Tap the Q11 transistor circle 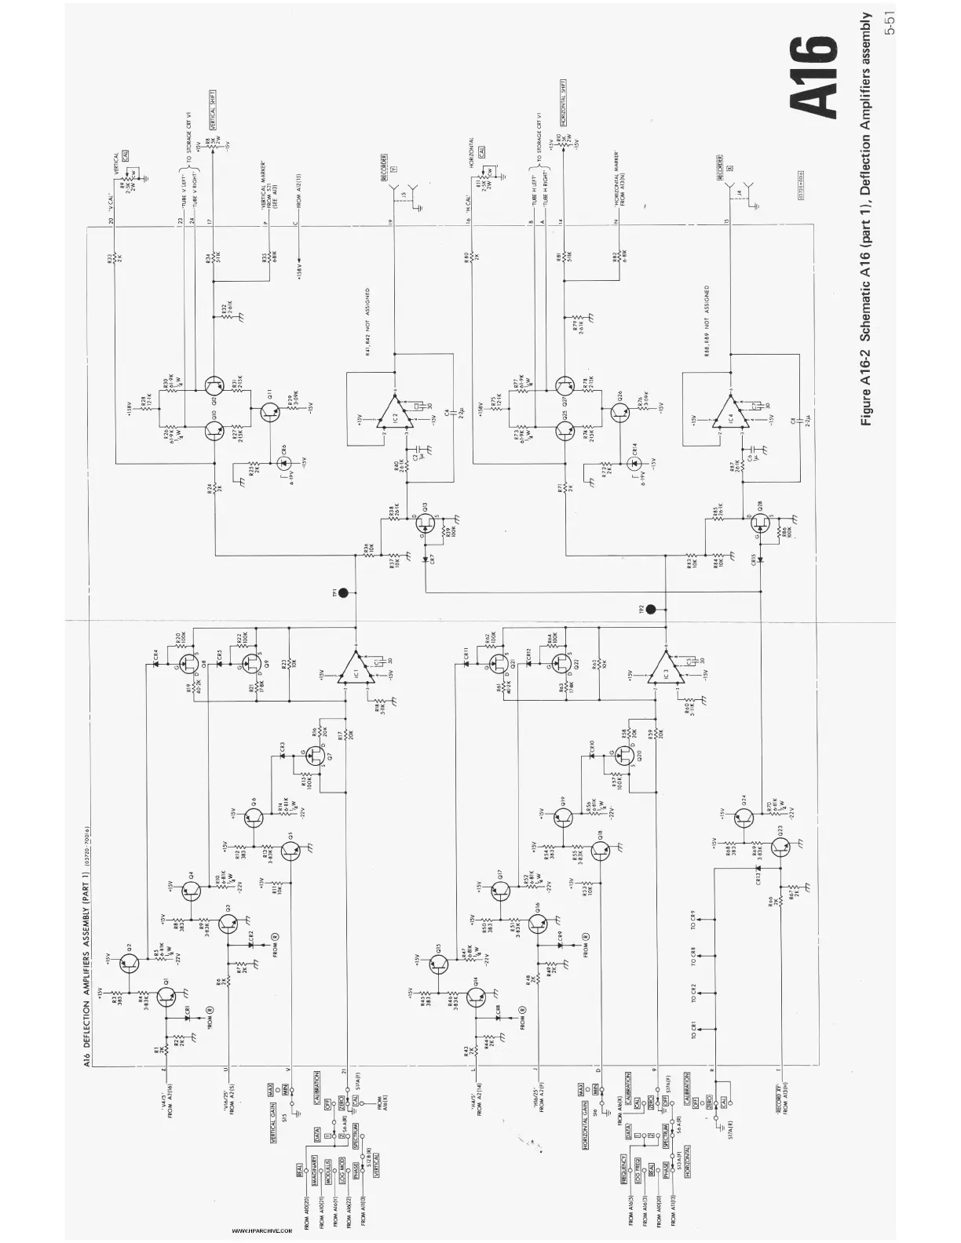[266, 408]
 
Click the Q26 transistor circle [615, 408]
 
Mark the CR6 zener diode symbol [282, 461]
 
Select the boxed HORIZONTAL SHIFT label [564, 102]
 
